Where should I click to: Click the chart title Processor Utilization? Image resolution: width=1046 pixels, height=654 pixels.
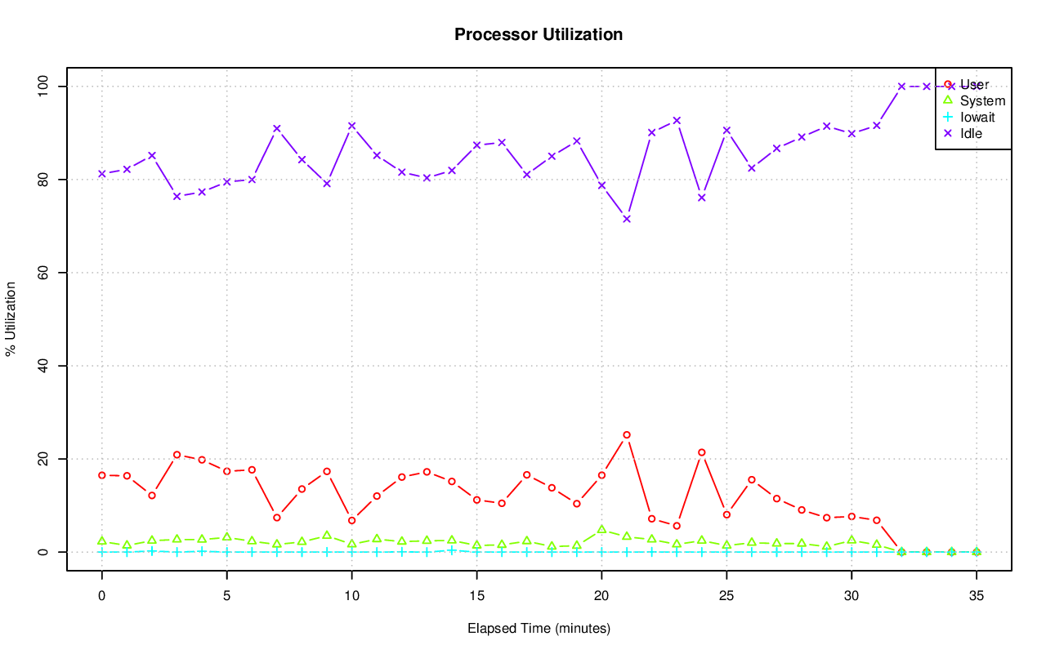click(539, 35)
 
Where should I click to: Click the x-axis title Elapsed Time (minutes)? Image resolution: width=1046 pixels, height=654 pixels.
click(539, 629)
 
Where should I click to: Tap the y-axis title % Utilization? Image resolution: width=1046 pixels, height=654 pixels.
click(11, 319)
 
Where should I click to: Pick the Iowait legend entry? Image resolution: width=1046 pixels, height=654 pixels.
click(977, 118)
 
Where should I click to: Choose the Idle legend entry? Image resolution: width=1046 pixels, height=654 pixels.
click(971, 133)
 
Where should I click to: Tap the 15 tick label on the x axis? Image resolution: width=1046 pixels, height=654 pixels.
click(476, 597)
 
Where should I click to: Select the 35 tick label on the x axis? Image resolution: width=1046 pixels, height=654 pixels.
click(977, 597)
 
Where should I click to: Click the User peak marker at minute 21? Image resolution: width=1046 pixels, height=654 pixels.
click(627, 435)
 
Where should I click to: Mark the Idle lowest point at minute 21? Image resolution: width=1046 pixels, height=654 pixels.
click(627, 219)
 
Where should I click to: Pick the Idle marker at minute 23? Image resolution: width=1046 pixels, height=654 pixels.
click(677, 121)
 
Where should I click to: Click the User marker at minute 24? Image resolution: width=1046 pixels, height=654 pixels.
click(701, 452)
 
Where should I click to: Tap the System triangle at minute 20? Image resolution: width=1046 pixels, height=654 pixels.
click(601, 530)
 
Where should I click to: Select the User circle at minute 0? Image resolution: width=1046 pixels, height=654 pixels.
click(102, 475)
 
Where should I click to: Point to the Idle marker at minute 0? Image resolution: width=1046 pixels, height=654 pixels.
click(102, 174)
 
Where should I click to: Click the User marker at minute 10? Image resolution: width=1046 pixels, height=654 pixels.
click(351, 520)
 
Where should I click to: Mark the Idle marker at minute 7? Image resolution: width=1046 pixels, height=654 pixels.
click(277, 128)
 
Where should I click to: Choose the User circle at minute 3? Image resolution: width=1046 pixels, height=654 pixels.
click(177, 455)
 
